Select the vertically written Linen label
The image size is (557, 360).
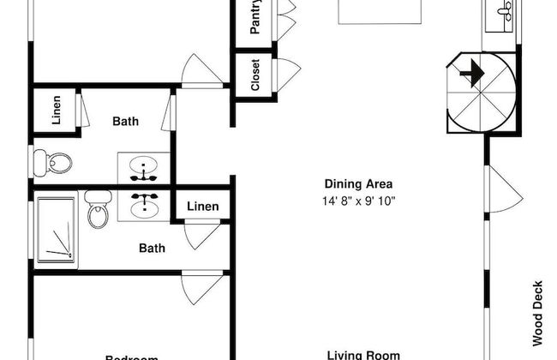tap(57, 111)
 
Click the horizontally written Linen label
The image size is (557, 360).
tap(202, 207)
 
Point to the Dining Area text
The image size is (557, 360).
tap(358, 183)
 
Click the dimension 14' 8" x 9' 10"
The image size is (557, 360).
tap(358, 201)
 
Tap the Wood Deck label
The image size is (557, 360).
tap(537, 313)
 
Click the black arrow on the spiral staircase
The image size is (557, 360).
tap(470, 75)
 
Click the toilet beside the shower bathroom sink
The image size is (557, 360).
tap(99, 207)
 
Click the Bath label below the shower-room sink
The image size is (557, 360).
tap(153, 249)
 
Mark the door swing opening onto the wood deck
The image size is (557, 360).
tap(504, 189)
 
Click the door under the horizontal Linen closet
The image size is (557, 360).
tap(202, 233)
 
